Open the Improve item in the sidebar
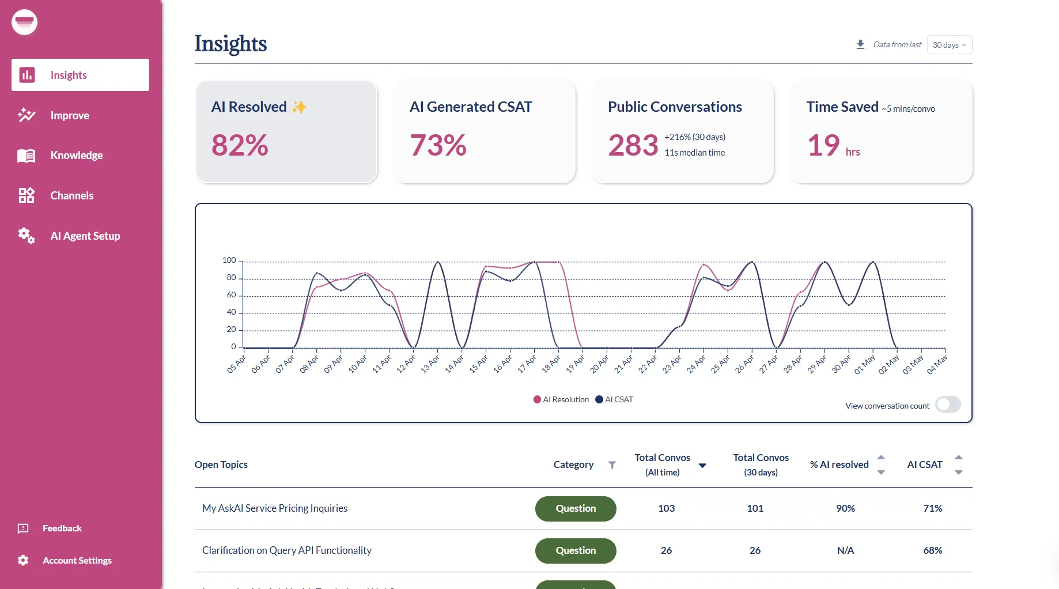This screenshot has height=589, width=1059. pos(69,115)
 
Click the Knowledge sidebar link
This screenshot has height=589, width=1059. pos(76,156)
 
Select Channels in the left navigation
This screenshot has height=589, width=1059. pos(71,196)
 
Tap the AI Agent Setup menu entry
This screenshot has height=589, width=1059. pos(85,236)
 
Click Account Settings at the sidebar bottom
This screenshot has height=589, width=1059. pos(77,560)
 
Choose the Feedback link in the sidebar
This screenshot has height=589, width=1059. pos(62,528)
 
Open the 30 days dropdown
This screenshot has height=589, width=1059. pos(949,45)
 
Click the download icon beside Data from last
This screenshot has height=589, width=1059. pos(860,44)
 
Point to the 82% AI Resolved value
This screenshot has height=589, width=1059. pos(240,145)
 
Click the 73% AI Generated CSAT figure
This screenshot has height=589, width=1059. pos(438,145)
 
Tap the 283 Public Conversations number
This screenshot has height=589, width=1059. pos(633,145)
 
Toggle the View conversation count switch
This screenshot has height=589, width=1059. pos(948,405)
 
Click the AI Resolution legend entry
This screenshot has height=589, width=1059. pos(561,399)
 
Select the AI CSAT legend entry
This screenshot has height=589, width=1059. pos(614,399)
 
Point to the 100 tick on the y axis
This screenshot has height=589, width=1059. pos(229,260)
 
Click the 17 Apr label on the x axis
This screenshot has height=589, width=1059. pos(527,364)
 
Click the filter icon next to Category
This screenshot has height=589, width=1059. pos(612,465)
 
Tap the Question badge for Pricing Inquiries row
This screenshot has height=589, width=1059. pos(576,508)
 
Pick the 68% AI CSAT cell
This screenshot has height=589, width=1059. pos(932,550)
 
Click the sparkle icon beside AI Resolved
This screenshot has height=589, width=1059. pos(299,107)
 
